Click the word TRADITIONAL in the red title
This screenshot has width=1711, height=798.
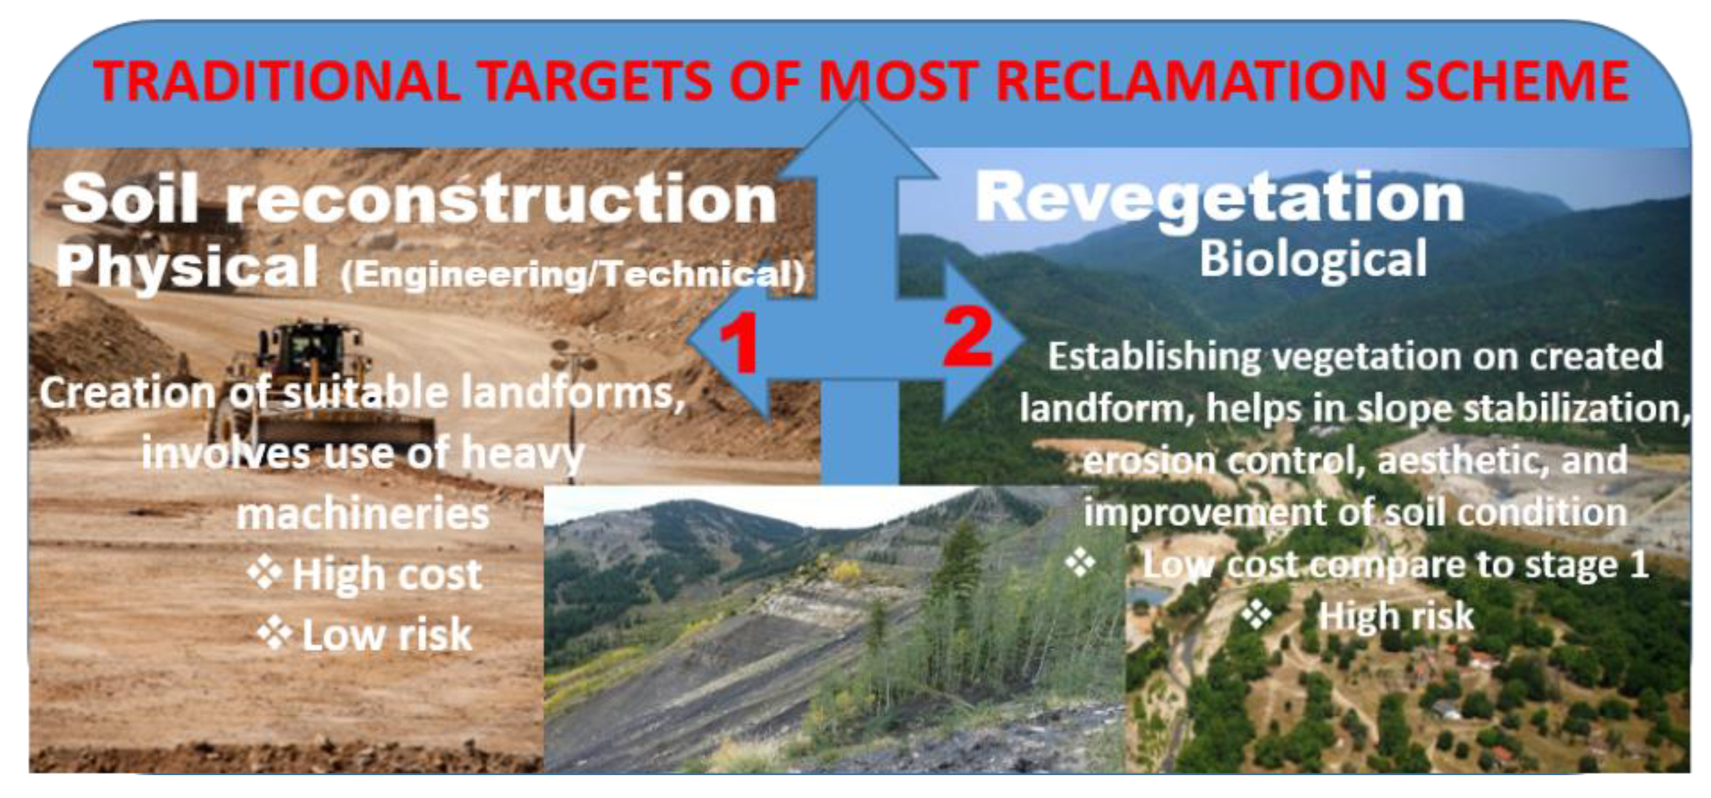277,81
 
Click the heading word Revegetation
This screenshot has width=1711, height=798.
1220,199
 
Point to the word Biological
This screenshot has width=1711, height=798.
1313,259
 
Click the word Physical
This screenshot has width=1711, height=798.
187,267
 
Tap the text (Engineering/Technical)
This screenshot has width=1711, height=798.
572,275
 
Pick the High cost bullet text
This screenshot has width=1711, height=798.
387,574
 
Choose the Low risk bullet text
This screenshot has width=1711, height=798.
387,634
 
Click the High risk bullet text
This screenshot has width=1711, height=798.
1396,616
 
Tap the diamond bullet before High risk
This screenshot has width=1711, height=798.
1256,614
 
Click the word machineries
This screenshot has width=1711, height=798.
362,514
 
